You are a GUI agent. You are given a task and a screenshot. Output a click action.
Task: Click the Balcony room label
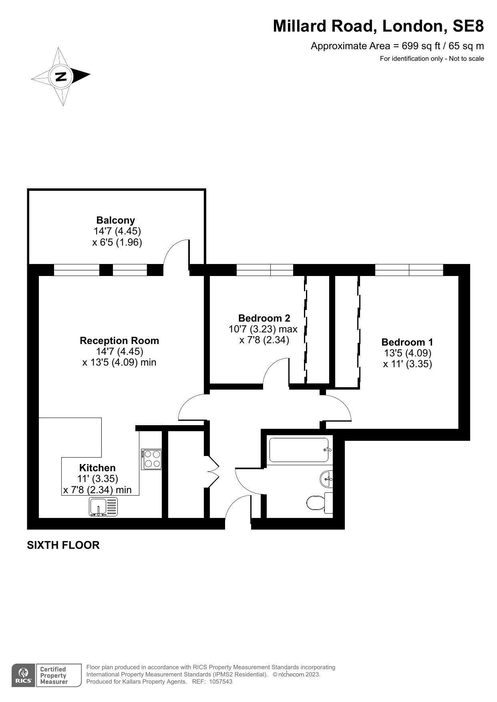[x=116, y=220]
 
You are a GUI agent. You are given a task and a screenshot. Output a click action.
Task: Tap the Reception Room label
[x=119, y=340]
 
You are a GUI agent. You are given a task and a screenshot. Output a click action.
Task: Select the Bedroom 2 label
[x=264, y=318]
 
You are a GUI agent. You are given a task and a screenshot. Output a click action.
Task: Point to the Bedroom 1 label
[x=407, y=342]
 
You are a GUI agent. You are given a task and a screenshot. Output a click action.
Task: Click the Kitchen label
[x=97, y=468]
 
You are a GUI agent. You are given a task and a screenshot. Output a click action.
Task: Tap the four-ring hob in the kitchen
[x=151, y=459]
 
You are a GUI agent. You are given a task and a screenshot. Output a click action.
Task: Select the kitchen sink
[x=103, y=507]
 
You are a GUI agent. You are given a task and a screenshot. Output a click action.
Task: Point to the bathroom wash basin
[x=326, y=479]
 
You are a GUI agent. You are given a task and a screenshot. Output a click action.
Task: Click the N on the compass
[x=60, y=76]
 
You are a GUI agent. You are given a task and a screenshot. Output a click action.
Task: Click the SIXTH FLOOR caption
[x=63, y=545]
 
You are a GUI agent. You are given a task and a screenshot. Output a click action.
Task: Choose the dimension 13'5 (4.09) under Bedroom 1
[x=408, y=353]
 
